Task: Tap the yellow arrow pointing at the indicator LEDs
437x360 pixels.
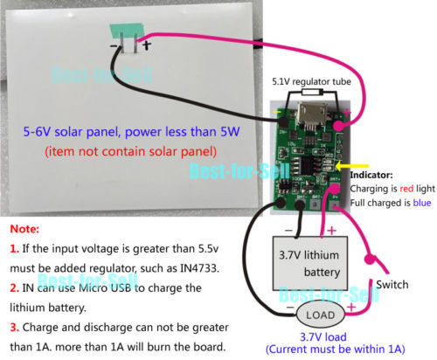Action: click(352, 167)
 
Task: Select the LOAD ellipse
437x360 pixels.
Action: click(321, 315)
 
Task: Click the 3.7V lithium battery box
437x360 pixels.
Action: click(310, 263)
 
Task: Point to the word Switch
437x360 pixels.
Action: click(392, 285)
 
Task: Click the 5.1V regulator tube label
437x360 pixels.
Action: click(311, 82)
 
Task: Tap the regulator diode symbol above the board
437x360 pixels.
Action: click(312, 93)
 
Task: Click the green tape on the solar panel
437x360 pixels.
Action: click(127, 31)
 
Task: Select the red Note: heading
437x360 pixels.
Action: click(24, 229)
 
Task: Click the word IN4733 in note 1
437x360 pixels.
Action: click(199, 268)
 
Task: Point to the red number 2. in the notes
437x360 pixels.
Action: click(14, 288)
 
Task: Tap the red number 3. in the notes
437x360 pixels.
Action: click(14, 328)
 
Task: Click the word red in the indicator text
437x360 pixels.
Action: click(406, 189)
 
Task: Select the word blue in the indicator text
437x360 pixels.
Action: click(422, 203)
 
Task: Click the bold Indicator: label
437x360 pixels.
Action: click(371, 175)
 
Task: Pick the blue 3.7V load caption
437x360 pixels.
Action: click(323, 337)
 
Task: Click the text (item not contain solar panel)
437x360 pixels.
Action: click(131, 152)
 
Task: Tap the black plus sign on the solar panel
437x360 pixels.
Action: click(147, 45)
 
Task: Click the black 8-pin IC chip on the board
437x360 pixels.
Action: click(309, 167)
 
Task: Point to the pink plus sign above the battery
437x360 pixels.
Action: click(331, 231)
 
